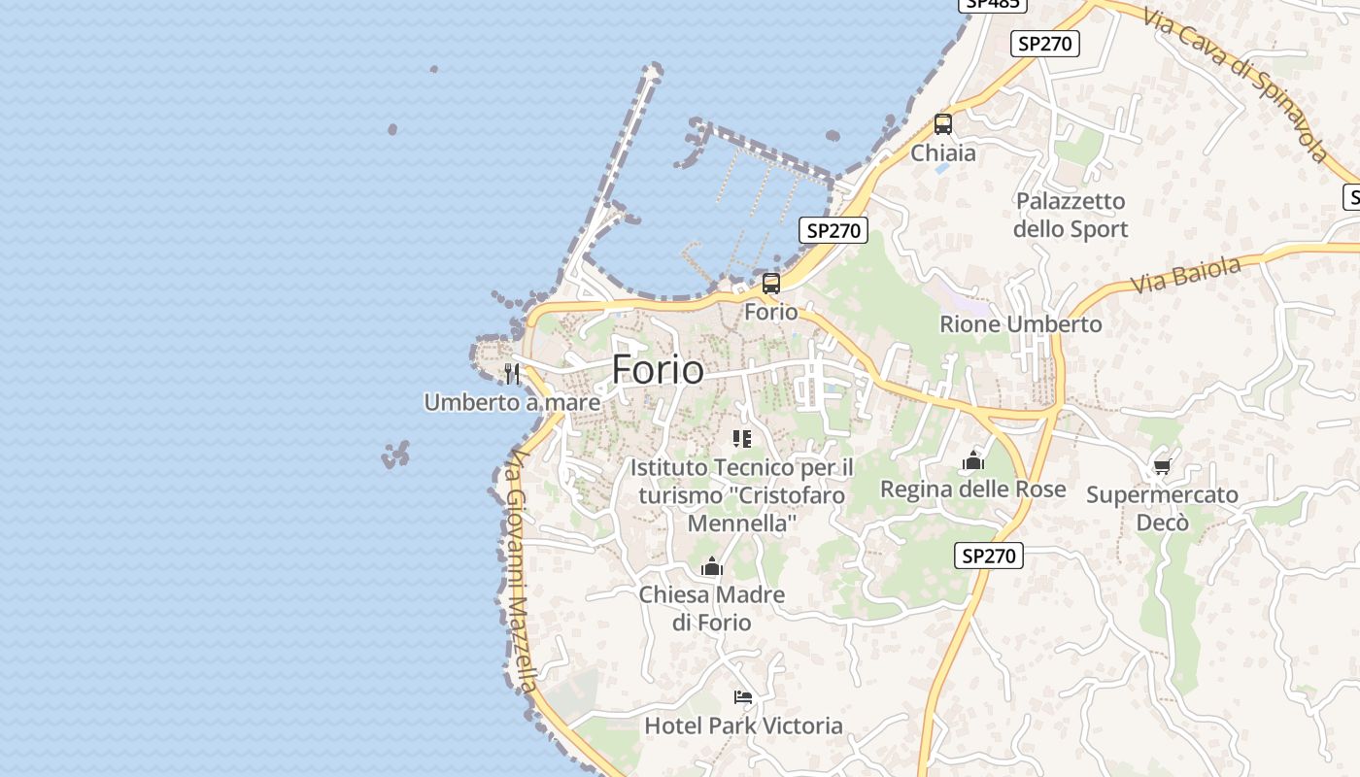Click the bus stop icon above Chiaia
point(942,124)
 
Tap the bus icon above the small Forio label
point(770,284)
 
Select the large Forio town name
point(658,370)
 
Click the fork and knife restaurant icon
point(512,374)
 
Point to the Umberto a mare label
point(512,402)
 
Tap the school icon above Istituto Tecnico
point(742,439)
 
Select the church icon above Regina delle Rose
point(973,461)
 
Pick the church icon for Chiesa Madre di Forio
point(712,566)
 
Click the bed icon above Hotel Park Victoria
point(743,697)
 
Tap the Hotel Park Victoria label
point(743,726)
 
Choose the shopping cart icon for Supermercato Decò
point(1162,467)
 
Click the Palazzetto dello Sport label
point(1071,216)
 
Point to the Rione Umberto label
point(1021,324)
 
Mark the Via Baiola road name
point(1186,275)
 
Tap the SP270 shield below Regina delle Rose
point(989,556)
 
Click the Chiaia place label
point(943,153)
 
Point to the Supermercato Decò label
point(1162,509)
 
